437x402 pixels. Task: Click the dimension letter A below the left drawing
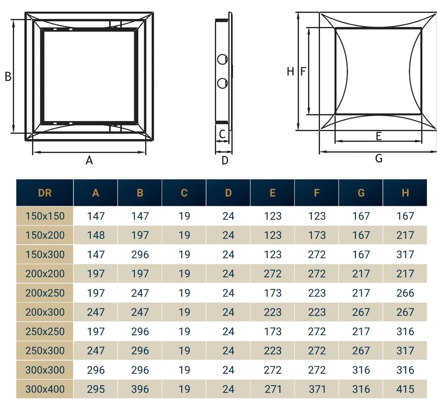(x=89, y=160)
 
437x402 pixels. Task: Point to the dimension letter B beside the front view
(x=8, y=77)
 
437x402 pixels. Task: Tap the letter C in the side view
(x=222, y=134)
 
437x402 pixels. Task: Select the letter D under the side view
(x=225, y=160)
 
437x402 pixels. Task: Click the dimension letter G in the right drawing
(x=378, y=158)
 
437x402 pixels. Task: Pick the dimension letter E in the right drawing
(x=378, y=136)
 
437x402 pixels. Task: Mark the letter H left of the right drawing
(x=290, y=72)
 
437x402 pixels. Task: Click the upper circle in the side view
(x=222, y=59)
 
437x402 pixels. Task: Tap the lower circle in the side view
(x=222, y=83)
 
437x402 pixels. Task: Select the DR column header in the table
(x=44, y=193)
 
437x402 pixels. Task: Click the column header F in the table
(x=317, y=193)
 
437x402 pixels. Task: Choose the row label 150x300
(x=44, y=254)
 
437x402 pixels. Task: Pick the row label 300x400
(x=44, y=389)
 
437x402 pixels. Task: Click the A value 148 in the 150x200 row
(x=96, y=235)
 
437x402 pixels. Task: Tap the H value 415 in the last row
(x=405, y=389)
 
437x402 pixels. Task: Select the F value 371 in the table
(x=317, y=389)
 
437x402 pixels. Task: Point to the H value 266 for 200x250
(x=405, y=293)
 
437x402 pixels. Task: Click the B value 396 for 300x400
(x=140, y=389)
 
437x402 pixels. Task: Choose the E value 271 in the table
(x=273, y=389)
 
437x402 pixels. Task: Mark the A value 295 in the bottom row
(x=96, y=389)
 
